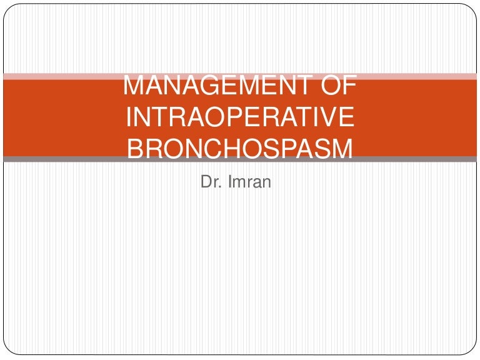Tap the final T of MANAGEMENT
(x=301, y=86)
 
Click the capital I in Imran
(x=229, y=182)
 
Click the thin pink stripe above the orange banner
(x=62, y=76)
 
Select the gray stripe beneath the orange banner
(x=62, y=159)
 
